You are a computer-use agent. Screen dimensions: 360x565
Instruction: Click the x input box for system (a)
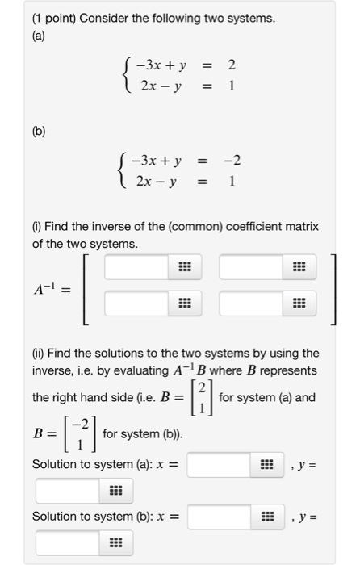[x=220, y=464]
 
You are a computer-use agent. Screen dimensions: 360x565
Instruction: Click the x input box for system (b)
[x=220, y=516]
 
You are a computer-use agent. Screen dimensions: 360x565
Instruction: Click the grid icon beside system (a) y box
[x=115, y=491]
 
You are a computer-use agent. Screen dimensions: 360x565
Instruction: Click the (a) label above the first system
[x=39, y=35]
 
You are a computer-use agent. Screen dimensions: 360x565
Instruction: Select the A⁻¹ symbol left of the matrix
[x=54, y=286]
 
